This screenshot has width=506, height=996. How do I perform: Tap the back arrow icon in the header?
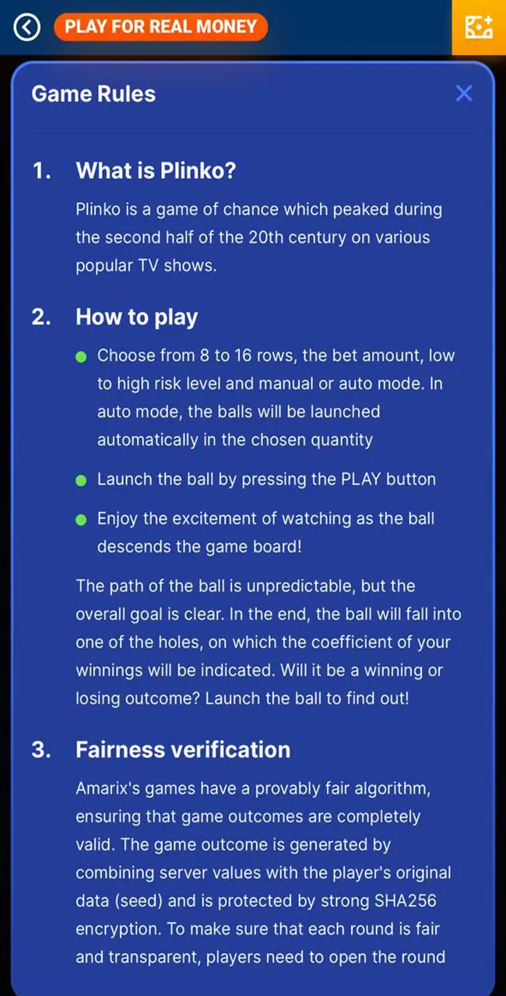click(x=27, y=27)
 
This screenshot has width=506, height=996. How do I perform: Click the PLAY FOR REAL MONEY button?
click(x=160, y=27)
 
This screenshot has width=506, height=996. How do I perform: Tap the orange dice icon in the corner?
click(x=479, y=27)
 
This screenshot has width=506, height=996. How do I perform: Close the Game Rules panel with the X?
click(x=464, y=93)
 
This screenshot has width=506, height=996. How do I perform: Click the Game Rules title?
click(x=93, y=94)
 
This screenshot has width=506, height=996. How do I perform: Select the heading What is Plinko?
click(x=156, y=171)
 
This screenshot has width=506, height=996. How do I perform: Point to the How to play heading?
click(x=137, y=317)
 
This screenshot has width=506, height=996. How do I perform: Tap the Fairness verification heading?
click(x=183, y=749)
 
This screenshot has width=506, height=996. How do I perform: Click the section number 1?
click(x=41, y=171)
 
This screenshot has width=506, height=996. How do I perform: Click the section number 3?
click(x=41, y=749)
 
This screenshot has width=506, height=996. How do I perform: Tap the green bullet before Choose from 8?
click(x=81, y=356)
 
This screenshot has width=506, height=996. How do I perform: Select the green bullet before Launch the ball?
click(x=81, y=480)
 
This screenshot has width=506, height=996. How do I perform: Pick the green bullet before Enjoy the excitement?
click(x=81, y=519)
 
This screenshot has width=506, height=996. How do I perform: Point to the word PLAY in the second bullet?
click(x=360, y=479)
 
